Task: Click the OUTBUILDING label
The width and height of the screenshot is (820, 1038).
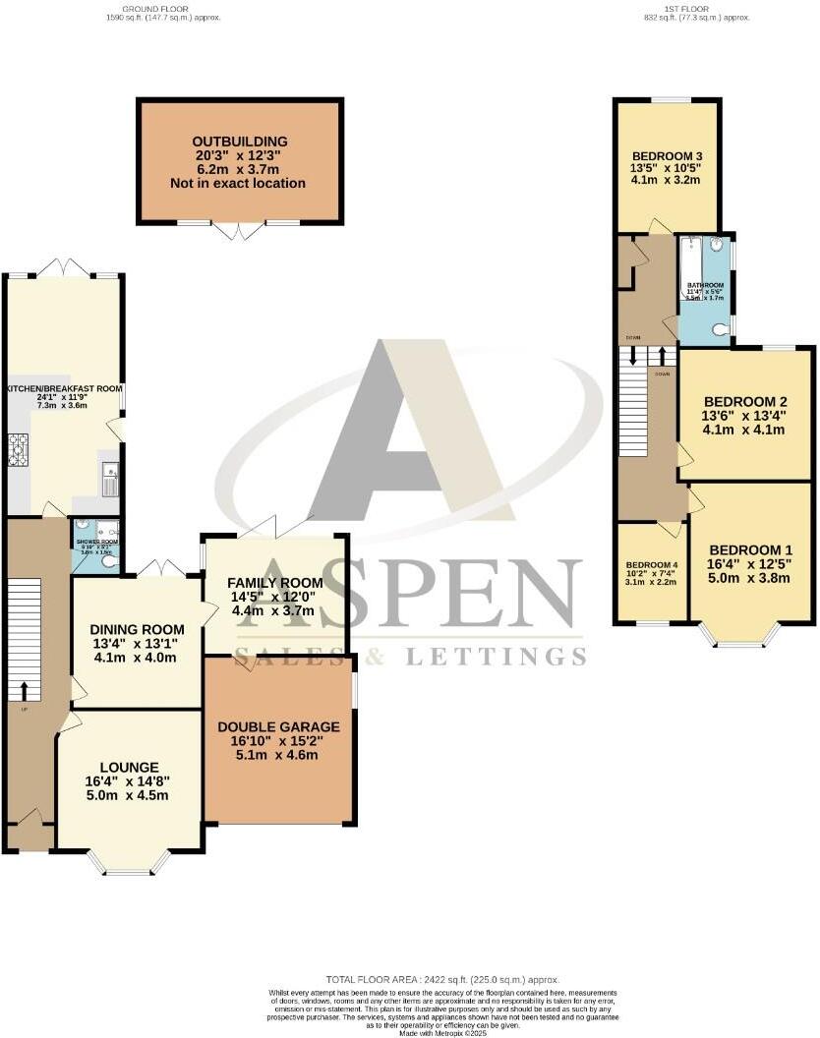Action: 241,142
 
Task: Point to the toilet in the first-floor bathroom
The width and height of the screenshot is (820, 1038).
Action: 724,330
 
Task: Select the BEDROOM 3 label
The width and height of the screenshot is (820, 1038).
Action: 667,156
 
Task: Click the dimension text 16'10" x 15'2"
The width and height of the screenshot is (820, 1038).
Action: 279,742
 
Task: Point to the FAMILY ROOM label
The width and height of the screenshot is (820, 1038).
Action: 276,583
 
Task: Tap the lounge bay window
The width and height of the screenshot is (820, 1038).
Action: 125,863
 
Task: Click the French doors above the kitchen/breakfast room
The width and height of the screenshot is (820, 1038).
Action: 64,266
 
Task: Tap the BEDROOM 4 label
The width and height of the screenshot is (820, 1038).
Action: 652,565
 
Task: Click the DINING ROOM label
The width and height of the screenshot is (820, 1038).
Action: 138,629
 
